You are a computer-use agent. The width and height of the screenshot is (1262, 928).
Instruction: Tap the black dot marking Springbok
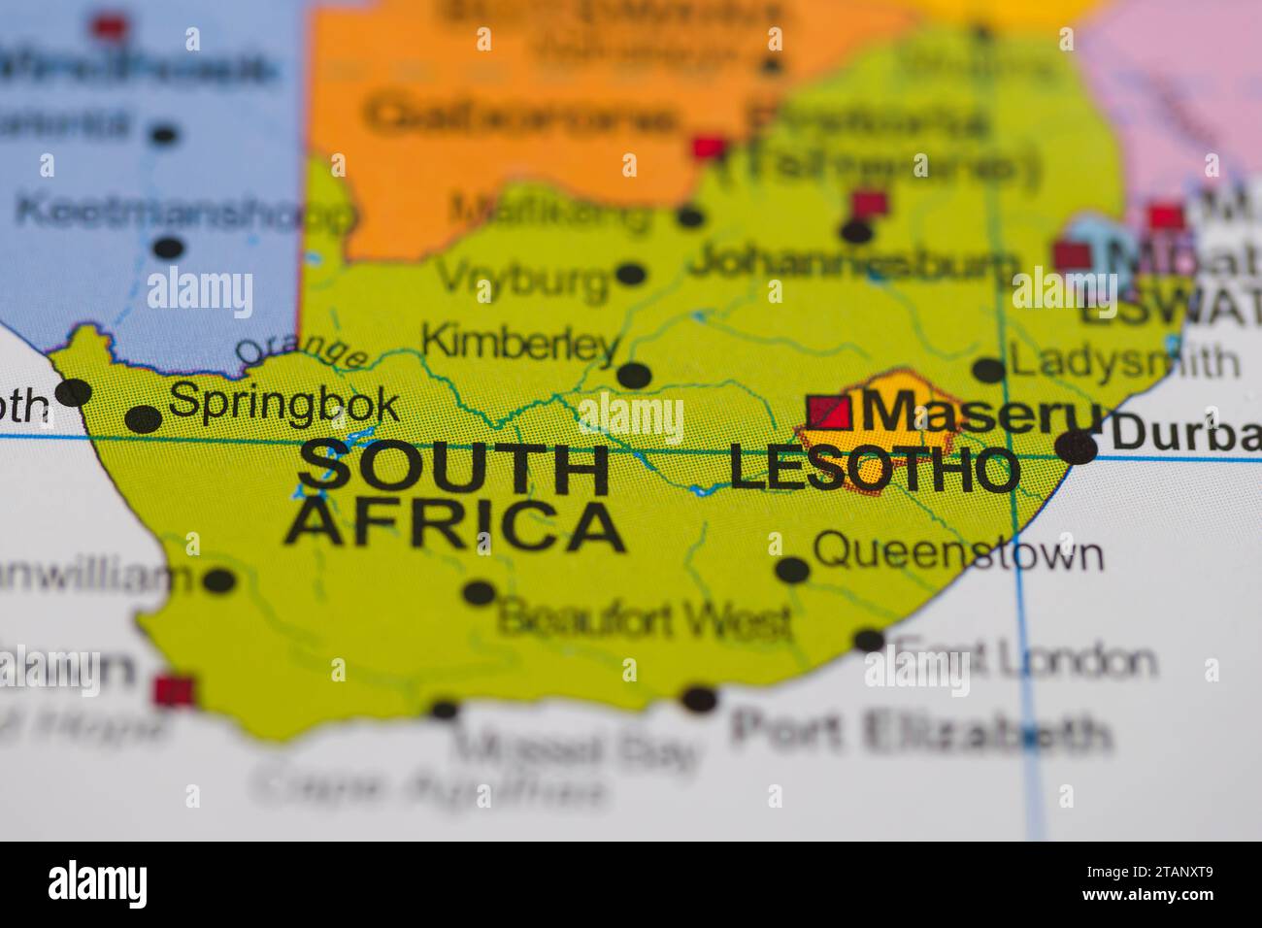[144, 419]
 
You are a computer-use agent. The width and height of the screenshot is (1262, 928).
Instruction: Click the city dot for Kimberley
[634, 374]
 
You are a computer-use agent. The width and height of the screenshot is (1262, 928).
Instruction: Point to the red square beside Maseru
[830, 413]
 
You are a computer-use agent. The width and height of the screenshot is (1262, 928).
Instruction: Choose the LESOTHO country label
[873, 469]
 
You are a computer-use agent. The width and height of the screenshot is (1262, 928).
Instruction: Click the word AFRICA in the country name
[453, 526]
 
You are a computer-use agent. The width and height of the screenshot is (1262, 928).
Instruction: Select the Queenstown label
[957, 552]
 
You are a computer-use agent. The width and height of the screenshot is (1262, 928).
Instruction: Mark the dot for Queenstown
[792, 570]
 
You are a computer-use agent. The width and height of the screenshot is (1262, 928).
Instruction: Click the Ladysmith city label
[1124, 361]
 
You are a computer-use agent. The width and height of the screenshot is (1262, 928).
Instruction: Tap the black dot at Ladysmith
[988, 370]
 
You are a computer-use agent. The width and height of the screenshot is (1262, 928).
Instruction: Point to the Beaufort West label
[644, 618]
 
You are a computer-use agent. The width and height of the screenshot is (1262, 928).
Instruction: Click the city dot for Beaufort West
[479, 591]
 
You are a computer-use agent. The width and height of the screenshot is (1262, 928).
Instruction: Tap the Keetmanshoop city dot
[168, 248]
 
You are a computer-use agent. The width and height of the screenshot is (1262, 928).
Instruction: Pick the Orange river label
[301, 350]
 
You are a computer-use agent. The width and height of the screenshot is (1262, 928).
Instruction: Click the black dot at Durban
[1077, 447]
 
